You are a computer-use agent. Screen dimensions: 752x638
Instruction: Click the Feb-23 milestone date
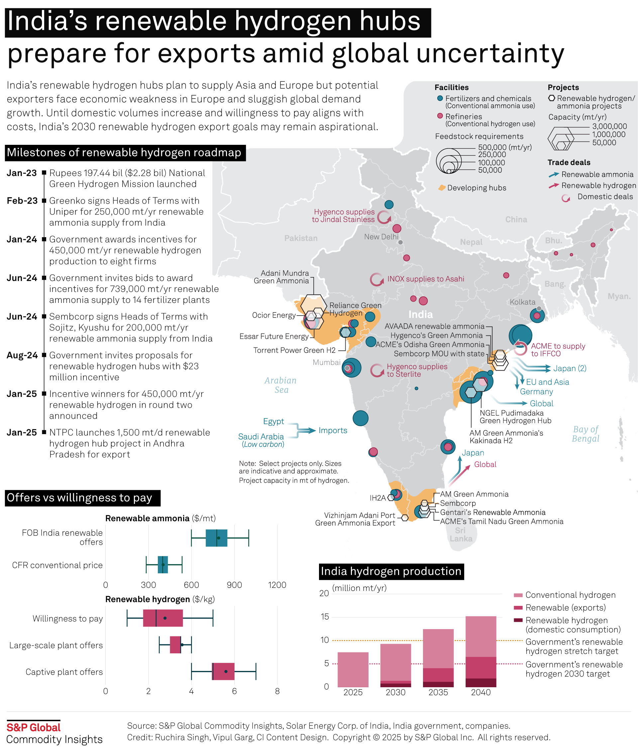pos(22,201)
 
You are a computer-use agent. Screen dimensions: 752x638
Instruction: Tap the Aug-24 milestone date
pos(22,355)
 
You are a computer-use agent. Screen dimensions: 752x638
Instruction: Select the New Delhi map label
pos(381,237)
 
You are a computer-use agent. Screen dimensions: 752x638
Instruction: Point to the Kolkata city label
pos(522,302)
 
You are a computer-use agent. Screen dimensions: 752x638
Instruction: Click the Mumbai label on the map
pos(326,362)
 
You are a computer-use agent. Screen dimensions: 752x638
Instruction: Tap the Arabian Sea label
pos(281,385)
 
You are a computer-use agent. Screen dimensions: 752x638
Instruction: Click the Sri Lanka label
pos(461,534)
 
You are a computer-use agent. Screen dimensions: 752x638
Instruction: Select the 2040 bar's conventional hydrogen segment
pos(481,636)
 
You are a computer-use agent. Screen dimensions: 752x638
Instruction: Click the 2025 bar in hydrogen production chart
pos(353,669)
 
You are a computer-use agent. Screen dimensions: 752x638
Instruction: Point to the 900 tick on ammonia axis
pos(234,585)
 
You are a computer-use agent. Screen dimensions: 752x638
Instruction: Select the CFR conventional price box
pos(163,565)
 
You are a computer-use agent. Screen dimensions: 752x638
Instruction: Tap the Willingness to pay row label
pos(68,618)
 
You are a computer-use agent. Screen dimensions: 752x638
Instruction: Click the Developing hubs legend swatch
pos(442,188)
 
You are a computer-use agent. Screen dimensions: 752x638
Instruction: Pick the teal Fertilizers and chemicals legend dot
pos(440,98)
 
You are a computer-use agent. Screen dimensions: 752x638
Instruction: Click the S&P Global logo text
pos(34,727)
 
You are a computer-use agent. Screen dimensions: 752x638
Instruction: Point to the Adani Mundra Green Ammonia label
pos(281,277)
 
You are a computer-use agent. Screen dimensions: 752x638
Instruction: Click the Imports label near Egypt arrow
pos(333,430)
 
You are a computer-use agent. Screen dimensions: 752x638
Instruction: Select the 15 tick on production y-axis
pos(325,617)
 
